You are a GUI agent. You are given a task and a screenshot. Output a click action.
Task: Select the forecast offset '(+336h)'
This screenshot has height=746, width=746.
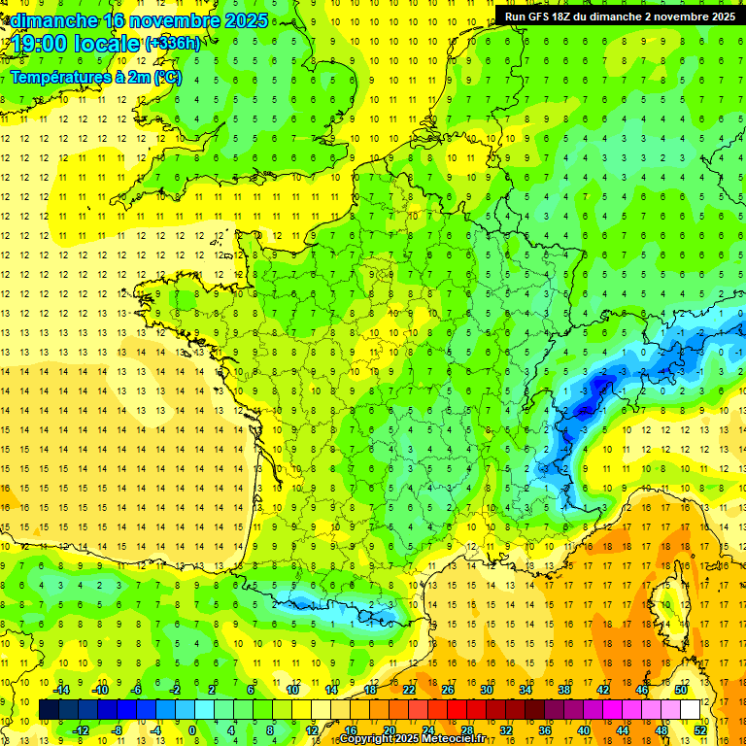pos(174,44)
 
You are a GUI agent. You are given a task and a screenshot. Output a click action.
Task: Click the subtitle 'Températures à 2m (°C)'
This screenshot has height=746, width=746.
pos(96,77)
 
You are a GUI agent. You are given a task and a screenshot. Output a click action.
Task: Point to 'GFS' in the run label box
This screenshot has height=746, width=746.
pos(542,17)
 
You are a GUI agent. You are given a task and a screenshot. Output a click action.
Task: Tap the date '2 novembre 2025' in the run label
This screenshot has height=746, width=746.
pos(688,17)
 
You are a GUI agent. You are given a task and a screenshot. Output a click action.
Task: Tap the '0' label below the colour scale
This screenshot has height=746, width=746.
pos(191,730)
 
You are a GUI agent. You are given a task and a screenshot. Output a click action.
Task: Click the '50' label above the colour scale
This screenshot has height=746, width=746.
pos(682,690)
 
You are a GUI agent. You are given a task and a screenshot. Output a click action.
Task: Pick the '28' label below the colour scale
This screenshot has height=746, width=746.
pos(467,730)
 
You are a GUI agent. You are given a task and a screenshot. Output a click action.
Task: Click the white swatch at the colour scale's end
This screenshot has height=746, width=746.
pos(691,710)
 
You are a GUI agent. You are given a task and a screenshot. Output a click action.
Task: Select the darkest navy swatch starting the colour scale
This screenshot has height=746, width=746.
pos(49,710)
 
